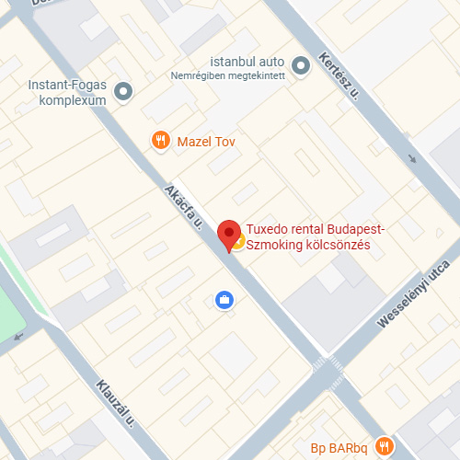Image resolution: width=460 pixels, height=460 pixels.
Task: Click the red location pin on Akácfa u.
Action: pos(228,234)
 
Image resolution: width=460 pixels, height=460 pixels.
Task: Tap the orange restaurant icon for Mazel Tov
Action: pos(161,141)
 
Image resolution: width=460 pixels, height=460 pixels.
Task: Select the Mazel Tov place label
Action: pos(206,141)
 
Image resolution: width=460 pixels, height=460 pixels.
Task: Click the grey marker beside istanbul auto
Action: pos(300,64)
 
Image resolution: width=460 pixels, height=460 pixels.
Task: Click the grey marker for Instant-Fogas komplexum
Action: pos(124,91)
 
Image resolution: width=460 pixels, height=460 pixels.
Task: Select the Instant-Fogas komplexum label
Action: pos(67,93)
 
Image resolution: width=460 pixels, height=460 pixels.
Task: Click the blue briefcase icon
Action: pos(223,300)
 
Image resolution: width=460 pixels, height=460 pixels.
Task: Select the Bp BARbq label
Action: pos(338,449)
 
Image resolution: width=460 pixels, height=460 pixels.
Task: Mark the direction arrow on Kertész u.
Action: pos(411,157)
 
